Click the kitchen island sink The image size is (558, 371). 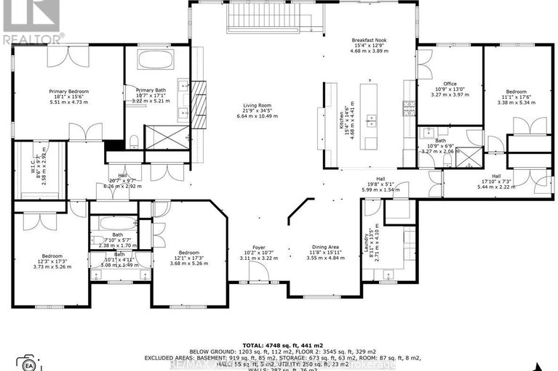(x=372, y=118)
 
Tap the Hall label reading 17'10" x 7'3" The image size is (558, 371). (x=496, y=180)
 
